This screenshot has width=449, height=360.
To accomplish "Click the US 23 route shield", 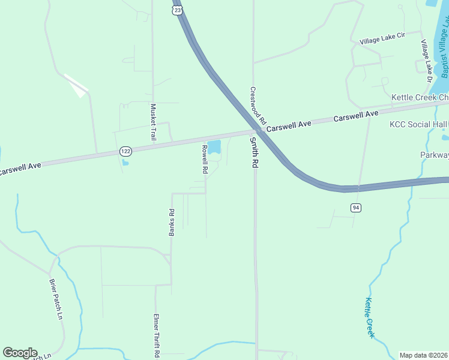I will click(176, 10).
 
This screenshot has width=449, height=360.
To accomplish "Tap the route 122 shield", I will click(125, 151).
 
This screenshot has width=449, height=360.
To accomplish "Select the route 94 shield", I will click(356, 208).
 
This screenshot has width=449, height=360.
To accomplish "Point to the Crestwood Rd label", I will click(258, 104).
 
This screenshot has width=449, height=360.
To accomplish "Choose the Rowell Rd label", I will click(205, 160).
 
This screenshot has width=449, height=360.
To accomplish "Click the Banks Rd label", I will click(172, 221).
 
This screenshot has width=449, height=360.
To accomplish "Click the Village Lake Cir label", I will click(382, 38).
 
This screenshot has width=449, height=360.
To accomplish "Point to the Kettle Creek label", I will click(370, 318).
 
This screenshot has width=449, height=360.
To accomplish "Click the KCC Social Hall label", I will click(419, 124).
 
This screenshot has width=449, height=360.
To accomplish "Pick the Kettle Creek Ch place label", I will click(420, 97).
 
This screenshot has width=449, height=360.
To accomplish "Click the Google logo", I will click(20, 353).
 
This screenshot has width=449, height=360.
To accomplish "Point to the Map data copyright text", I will click(424, 355).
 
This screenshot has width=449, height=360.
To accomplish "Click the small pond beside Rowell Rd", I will click(214, 146).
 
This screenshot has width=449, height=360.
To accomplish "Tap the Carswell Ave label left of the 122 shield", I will click(20, 167).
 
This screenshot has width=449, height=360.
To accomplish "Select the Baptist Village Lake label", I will click(445, 51).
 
